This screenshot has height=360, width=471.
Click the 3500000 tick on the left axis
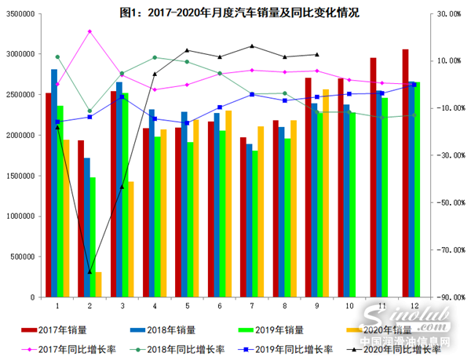point(20,14)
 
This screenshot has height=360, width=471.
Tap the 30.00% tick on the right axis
point(450,14)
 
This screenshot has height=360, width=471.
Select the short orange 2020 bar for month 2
point(99,285)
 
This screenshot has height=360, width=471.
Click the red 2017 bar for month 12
point(405,173)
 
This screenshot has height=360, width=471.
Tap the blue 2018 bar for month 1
point(54,184)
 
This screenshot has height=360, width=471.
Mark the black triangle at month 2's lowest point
point(89,272)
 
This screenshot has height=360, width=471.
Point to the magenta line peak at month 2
point(89,31)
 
